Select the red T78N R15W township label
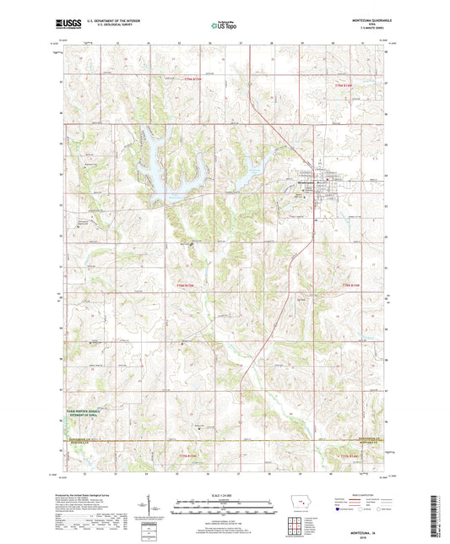(x=191, y=286)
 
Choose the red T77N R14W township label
(x=351, y=456)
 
